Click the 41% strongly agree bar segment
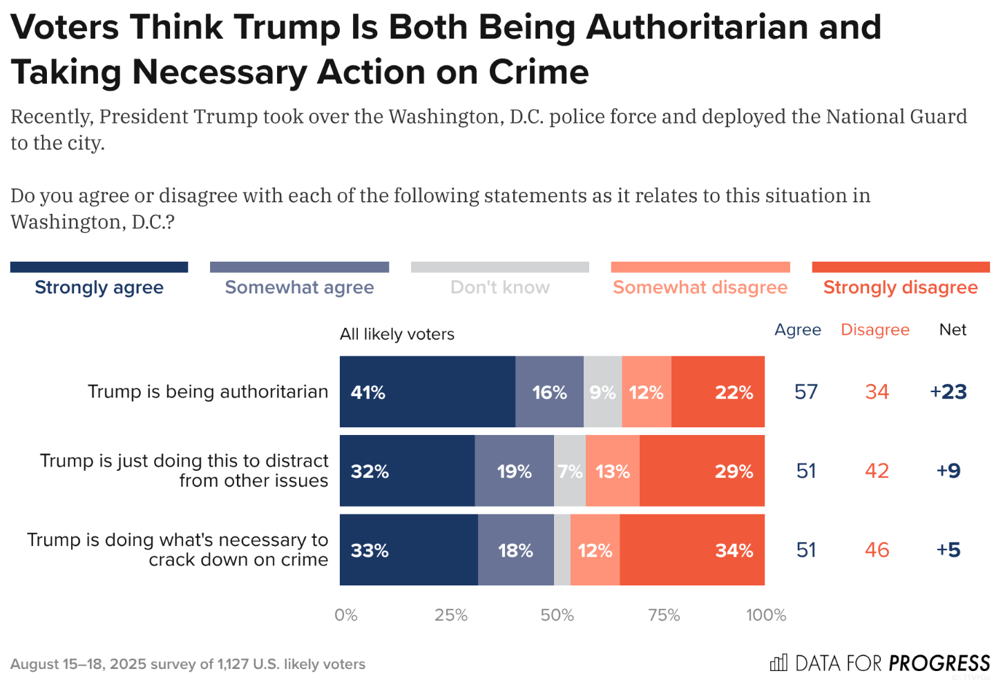[427, 392]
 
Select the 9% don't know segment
[602, 392]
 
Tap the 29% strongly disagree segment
[702, 471]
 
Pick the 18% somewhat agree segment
[515, 550]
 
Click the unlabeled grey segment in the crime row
[562, 550]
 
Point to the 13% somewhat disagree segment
[612, 471]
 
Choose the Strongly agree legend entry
[99, 287]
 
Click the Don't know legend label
[500, 287]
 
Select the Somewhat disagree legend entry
[700, 287]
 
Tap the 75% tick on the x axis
[664, 615]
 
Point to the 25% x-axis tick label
[451, 615]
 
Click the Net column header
[953, 330]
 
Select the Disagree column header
[875, 330]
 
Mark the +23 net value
[948, 392]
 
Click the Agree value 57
[806, 392]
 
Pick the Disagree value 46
[877, 550]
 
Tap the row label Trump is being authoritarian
[208, 392]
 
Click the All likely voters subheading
[397, 334]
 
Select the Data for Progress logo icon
[778, 663]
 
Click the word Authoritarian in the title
[734, 28]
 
